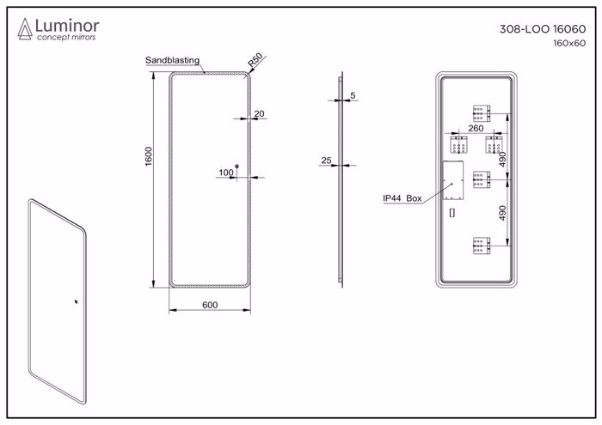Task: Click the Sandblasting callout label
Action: [172, 60]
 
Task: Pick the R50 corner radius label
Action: [254, 63]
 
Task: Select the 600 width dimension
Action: [209, 305]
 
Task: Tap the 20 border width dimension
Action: [259, 112]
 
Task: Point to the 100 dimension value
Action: [226, 173]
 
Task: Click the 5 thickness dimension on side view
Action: [353, 95]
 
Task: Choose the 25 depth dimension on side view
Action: [326, 161]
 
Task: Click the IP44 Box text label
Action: [402, 198]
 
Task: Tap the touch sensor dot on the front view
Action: [238, 167]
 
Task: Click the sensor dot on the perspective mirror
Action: [76, 301]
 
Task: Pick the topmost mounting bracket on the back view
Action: [481, 112]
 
